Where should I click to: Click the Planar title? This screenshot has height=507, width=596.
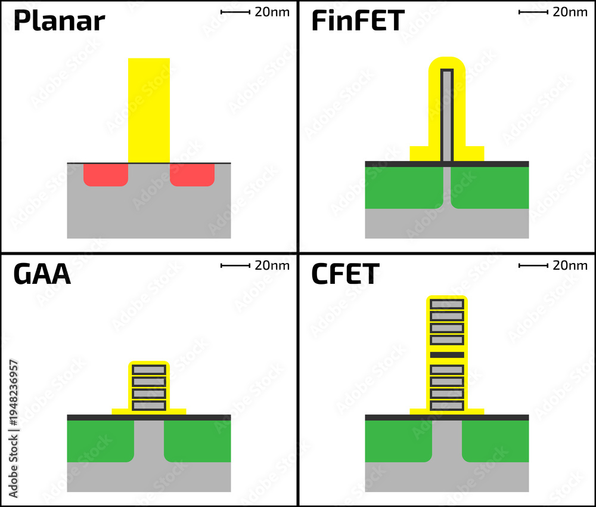pos(59,21)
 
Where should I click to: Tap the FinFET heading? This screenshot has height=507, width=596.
pos(358,20)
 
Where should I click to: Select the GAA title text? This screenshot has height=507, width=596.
pos(42,274)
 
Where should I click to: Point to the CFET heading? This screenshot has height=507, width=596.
pos(345,274)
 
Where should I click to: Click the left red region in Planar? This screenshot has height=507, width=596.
pos(105,175)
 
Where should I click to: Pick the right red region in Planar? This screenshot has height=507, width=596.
pos(192,175)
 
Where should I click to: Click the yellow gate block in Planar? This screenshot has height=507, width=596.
pos(149,110)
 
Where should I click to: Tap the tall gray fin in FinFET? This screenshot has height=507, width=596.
pos(447,115)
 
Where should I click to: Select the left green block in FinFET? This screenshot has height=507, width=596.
pos(403,187)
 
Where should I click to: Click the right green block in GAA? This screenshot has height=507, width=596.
pos(197,441)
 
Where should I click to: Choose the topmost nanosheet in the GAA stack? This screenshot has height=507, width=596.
pos(149,370)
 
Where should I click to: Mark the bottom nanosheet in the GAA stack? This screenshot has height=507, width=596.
pos(149,406)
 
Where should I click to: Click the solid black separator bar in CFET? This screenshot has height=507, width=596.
pos(447,355)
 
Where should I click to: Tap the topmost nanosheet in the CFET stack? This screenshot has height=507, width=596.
pos(447,304)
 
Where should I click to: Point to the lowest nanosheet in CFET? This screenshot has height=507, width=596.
pos(447,406)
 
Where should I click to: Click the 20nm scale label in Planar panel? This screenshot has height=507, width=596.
pos(272,12)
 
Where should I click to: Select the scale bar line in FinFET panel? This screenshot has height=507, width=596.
pos(533,12)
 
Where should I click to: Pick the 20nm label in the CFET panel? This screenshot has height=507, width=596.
pos(570,265)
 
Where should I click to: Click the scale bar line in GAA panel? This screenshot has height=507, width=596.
pos(235,265)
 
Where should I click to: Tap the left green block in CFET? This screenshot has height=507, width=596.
pos(398,441)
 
